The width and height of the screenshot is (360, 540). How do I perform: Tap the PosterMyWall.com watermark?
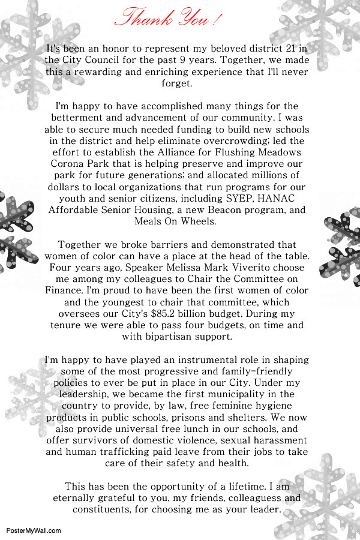coord(34,530)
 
